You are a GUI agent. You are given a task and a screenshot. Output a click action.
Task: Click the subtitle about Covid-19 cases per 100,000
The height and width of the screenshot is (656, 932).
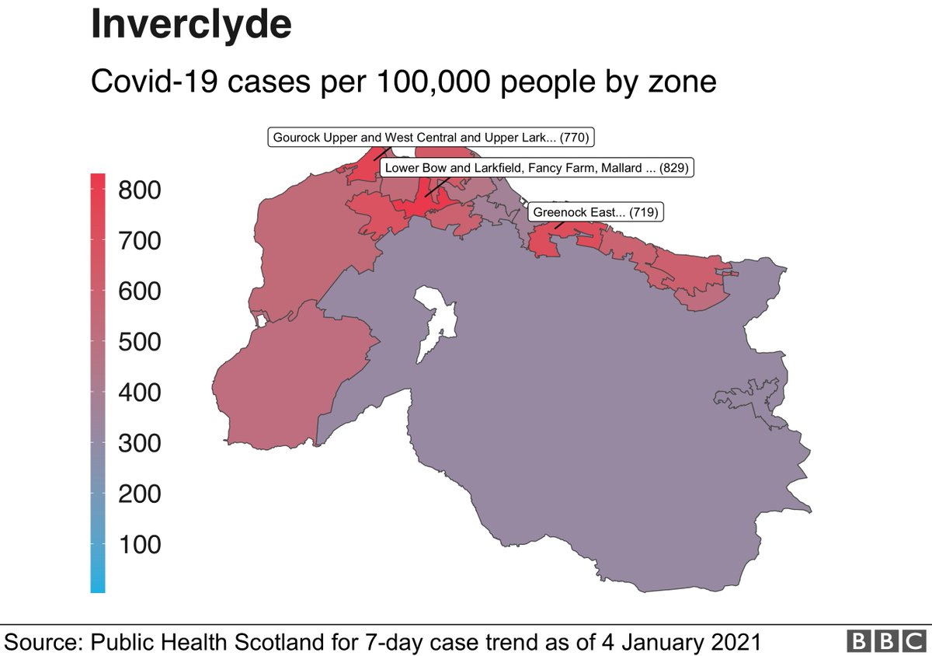coord(403,81)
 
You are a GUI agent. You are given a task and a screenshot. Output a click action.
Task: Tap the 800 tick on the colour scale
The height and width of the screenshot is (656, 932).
coord(140,190)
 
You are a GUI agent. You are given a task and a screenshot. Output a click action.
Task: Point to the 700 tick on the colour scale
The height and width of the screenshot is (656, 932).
coord(140,241)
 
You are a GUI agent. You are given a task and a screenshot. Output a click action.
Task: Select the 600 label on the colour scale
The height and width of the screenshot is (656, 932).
coord(140,291)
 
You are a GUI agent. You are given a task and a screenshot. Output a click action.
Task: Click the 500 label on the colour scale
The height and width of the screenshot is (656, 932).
coord(140,342)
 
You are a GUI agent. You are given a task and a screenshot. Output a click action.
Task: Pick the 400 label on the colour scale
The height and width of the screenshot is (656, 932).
coord(140,393)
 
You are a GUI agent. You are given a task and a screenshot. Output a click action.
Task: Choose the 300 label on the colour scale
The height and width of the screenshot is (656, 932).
coord(140,443)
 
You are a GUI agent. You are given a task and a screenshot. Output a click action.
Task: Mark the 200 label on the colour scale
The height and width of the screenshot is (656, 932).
coord(140,494)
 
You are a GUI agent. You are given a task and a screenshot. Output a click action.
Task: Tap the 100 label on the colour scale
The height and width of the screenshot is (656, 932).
coord(140,544)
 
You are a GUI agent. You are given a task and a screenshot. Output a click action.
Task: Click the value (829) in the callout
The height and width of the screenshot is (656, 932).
coord(673,167)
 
